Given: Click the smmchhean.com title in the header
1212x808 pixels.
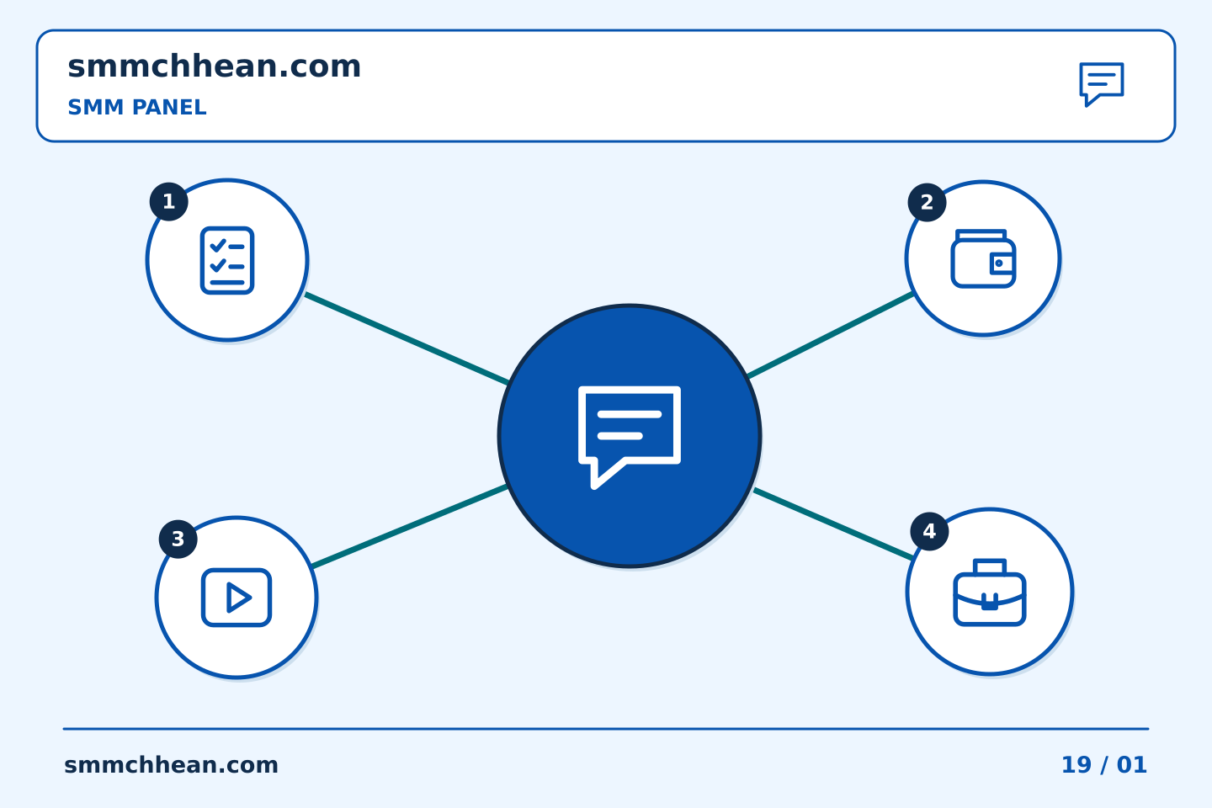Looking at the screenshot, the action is [215, 66].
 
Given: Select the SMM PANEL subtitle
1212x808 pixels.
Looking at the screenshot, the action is [137, 107].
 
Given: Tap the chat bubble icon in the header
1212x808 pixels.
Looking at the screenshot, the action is [1101, 84].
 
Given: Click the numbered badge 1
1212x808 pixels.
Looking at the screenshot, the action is [169, 201].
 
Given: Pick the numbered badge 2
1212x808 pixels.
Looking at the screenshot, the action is [927, 202].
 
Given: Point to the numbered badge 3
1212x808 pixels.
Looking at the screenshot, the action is [178, 539].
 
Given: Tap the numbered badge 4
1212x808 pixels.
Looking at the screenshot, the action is [929, 531].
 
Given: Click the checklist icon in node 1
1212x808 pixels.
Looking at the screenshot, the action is [227, 260].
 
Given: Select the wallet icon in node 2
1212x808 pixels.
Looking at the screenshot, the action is [983, 258].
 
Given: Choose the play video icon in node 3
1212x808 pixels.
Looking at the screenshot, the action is [237, 598].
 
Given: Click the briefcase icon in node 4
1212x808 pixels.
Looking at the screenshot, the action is [990, 592].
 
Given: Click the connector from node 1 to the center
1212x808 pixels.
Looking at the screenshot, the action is [407, 339].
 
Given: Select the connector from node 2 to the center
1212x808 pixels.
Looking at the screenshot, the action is [831, 334].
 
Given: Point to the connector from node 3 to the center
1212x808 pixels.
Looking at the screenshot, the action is [410, 527].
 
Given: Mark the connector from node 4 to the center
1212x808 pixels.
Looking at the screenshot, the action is [834, 524].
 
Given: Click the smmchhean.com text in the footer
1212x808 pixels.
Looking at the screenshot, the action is [171, 765].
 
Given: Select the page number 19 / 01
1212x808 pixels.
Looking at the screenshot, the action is [1104, 765].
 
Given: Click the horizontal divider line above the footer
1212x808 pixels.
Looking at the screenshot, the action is [606, 729].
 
